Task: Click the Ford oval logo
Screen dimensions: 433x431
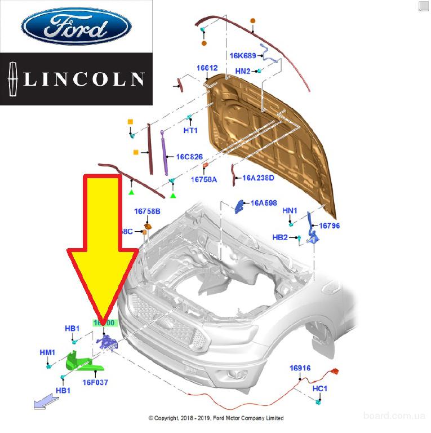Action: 75,26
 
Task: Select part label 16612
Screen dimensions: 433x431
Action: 207,68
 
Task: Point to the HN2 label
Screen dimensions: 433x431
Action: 243,71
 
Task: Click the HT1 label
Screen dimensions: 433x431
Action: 190,130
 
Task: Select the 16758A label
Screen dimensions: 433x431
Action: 203,179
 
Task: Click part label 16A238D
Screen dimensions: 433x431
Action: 258,178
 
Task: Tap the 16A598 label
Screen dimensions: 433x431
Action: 264,203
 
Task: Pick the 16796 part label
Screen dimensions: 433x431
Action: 330,226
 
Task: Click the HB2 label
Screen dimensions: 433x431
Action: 280,237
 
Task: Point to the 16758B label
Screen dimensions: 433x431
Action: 147,211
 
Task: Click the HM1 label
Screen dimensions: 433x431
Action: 47,352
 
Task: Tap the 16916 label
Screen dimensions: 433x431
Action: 300,368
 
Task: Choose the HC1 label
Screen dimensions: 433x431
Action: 320,389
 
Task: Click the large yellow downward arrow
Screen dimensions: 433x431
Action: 102,248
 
